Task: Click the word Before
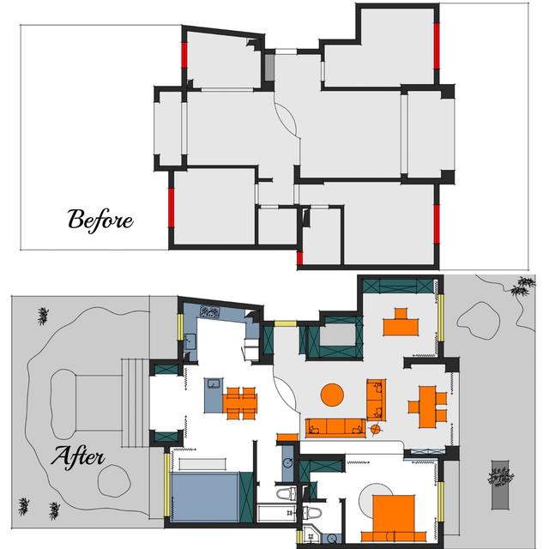[100, 220]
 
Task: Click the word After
[78, 457]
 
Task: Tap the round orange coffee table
[332, 395]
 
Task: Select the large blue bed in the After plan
[206, 496]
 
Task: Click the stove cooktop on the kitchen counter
[209, 311]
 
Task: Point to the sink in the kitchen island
[214, 383]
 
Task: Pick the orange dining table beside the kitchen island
[240, 403]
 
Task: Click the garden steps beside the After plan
[136, 402]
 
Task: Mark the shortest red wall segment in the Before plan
[299, 257]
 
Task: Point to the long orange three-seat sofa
[335, 427]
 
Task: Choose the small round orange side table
[375, 429]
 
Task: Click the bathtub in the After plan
[276, 513]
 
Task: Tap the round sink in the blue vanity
[288, 463]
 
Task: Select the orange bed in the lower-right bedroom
[394, 518]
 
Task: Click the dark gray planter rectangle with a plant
[500, 485]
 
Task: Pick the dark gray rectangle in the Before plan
[269, 67]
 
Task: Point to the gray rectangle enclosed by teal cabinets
[337, 335]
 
